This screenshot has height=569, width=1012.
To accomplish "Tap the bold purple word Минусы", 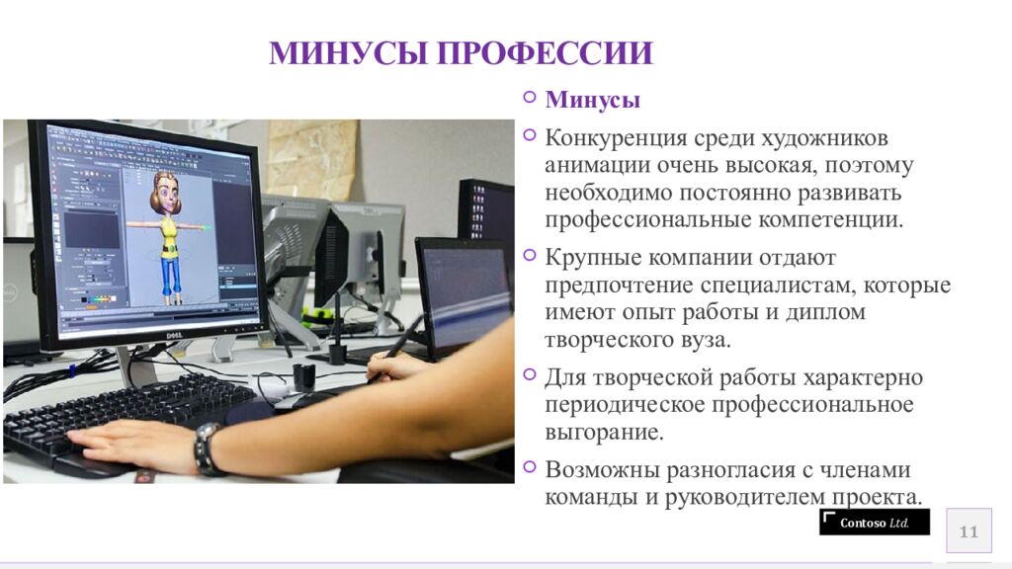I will [593, 100].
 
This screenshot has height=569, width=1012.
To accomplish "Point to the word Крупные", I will [593, 258].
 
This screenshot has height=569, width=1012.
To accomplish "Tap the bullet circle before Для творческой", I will [530, 375].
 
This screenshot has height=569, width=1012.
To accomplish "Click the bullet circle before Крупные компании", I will [530, 256].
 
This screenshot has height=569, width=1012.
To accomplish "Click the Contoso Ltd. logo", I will [874, 523].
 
